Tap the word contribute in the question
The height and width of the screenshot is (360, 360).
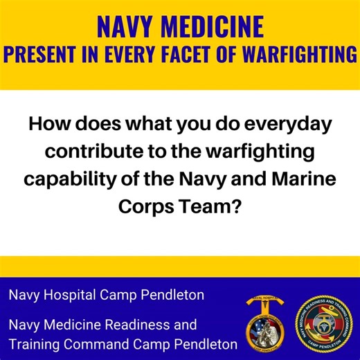point(100,152)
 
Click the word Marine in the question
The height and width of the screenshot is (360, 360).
point(303,177)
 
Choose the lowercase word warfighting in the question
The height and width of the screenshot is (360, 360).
point(244,152)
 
